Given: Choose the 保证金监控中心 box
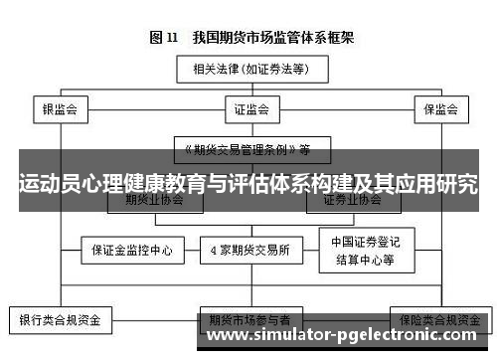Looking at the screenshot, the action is [x=131, y=251].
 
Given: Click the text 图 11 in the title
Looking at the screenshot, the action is [x=163, y=38].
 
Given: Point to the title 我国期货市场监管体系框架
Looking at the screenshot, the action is [x=266, y=38].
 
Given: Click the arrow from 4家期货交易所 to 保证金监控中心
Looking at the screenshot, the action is [x=192, y=251].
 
